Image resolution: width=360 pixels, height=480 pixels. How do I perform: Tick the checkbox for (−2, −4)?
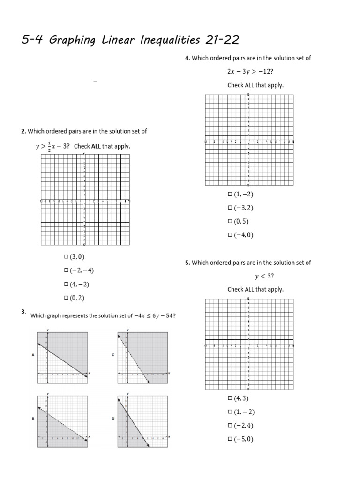66,270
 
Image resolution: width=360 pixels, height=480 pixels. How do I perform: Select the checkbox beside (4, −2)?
66,284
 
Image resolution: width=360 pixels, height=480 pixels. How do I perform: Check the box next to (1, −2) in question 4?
230,195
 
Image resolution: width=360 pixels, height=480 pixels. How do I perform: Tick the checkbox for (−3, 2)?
230,208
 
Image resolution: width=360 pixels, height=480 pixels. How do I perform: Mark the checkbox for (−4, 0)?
230,235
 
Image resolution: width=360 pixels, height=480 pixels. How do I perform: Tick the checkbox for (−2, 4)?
230,426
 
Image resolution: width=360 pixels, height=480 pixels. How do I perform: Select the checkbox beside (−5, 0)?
230,440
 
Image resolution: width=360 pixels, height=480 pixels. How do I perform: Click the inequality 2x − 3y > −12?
247,72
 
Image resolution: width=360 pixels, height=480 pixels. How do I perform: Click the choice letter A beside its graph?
33,355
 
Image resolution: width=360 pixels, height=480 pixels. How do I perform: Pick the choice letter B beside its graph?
33,419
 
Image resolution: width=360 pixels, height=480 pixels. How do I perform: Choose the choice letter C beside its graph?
113,355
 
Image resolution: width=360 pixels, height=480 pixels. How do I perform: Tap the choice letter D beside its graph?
113,419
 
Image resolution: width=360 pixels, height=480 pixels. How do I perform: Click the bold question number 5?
187,263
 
